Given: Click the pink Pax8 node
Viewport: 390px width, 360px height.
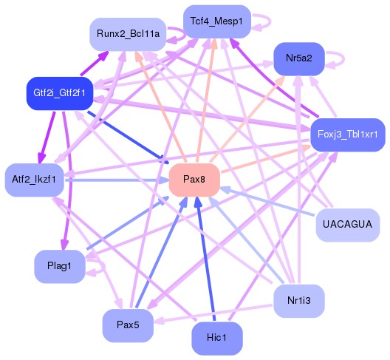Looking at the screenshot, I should click(194, 180).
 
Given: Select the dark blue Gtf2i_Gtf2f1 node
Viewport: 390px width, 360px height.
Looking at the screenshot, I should click(58, 93).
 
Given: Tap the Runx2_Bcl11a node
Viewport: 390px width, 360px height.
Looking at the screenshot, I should click(128, 34).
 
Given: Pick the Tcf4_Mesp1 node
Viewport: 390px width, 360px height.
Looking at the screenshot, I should click(216, 21).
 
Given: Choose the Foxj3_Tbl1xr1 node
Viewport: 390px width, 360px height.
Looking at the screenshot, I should click(347, 135).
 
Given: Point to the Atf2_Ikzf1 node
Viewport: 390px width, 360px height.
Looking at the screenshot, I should click(34, 180).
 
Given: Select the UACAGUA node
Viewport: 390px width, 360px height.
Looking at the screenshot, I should click(347, 225).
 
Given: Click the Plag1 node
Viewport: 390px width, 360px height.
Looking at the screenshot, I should click(60, 266).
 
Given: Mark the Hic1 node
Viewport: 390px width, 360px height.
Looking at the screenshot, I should click(216, 338).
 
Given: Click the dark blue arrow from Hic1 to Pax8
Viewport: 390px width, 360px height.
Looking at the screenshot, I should click(207, 259).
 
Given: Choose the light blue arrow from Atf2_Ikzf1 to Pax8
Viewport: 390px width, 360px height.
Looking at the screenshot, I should click(118, 180).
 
